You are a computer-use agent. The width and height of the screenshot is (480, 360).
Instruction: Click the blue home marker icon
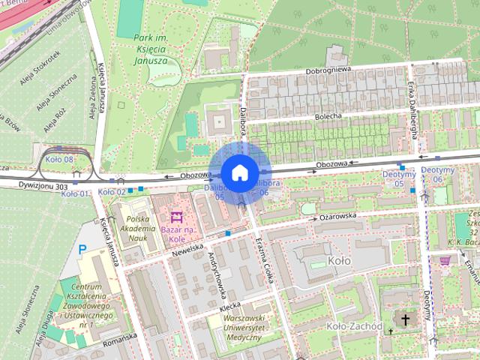point(239,172)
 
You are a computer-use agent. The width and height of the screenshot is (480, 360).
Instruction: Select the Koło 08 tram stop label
point(58,160)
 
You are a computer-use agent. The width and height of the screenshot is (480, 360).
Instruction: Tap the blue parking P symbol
point(83,249)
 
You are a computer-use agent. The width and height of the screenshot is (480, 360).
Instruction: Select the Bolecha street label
point(328,116)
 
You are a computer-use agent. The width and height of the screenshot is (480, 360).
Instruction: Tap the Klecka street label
point(229,308)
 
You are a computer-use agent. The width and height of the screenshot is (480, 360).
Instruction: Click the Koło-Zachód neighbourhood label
point(355,327)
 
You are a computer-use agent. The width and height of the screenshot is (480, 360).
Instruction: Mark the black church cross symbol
point(406,320)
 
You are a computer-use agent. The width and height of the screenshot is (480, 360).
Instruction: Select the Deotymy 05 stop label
point(398,178)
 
